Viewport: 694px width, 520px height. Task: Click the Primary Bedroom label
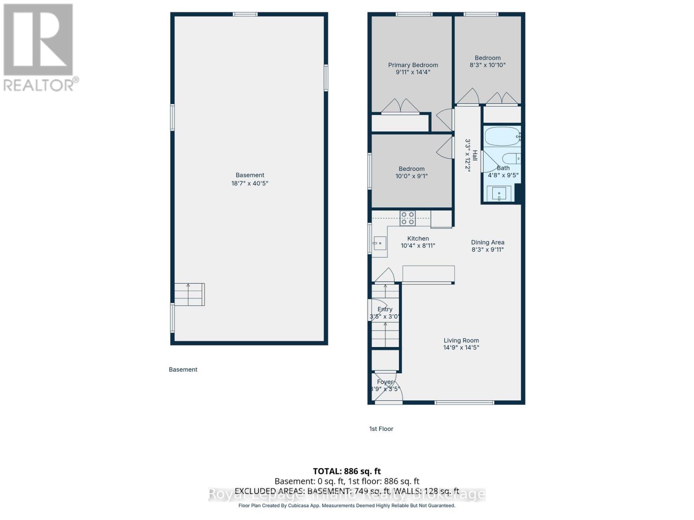pyautogui.click(x=412, y=65)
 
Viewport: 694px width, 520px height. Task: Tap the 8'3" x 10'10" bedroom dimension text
pyautogui.click(x=488, y=65)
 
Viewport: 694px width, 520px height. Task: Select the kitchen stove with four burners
pyautogui.click(x=407, y=218)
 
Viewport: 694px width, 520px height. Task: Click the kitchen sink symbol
pyautogui.click(x=380, y=244)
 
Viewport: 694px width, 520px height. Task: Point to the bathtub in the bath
pyautogui.click(x=502, y=136)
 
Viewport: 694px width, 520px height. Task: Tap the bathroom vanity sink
pyautogui.click(x=499, y=193)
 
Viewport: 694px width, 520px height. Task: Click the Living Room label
pyautogui.click(x=461, y=341)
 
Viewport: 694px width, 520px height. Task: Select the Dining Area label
pyautogui.click(x=488, y=242)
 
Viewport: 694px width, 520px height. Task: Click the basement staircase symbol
pyautogui.click(x=189, y=295)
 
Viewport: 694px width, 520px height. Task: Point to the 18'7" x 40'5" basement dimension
pyautogui.click(x=249, y=183)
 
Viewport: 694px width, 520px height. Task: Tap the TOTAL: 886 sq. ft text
pyautogui.click(x=347, y=471)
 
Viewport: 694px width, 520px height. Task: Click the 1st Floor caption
pyautogui.click(x=381, y=429)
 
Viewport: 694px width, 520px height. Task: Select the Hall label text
pyautogui.click(x=475, y=156)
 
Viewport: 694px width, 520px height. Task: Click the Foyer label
pyautogui.click(x=385, y=382)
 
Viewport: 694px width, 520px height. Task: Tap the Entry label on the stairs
pyautogui.click(x=385, y=309)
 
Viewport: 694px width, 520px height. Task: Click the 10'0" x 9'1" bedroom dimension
pyautogui.click(x=411, y=176)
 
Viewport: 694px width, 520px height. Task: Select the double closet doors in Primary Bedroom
pyautogui.click(x=400, y=106)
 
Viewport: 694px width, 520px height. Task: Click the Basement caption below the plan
pyautogui.click(x=183, y=369)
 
